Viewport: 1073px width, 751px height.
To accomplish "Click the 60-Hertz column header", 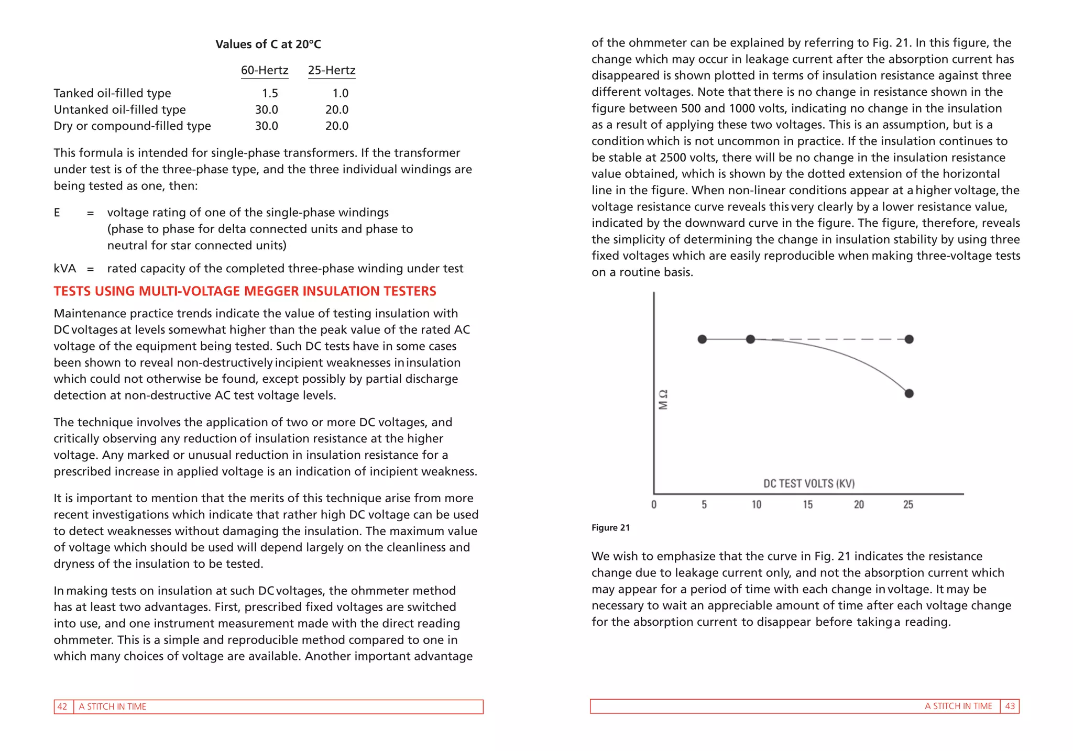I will point(264,70).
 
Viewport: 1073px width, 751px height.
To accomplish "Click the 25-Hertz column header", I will point(332,70).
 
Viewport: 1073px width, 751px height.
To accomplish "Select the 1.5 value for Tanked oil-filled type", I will point(270,93).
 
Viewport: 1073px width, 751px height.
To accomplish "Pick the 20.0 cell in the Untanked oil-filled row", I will point(336,109).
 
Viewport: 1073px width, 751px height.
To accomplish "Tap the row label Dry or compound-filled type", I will point(132,126).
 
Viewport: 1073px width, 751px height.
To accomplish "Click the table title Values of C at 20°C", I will point(268,45).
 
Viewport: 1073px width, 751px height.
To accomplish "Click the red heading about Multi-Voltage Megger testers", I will point(245,291).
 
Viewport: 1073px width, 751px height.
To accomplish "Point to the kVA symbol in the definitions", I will point(64,269).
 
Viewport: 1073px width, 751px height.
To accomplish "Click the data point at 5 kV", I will point(703,339).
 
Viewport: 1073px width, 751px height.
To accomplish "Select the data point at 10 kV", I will point(750,339).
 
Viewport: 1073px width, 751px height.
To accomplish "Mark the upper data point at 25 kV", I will point(909,339).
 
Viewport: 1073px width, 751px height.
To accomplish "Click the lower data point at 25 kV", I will point(909,393).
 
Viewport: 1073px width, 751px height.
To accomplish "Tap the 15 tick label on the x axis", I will point(807,504).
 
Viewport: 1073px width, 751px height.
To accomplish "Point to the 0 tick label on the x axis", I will point(653,504).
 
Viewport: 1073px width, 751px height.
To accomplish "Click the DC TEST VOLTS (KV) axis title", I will point(808,483).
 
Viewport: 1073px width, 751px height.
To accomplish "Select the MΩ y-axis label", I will point(663,400).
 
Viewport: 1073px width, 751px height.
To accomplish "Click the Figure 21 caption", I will point(610,528).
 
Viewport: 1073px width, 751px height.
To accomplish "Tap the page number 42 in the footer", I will point(62,706).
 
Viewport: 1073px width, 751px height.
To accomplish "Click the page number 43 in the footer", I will point(1010,706).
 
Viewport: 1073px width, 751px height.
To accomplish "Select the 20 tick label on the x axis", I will point(859,504).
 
